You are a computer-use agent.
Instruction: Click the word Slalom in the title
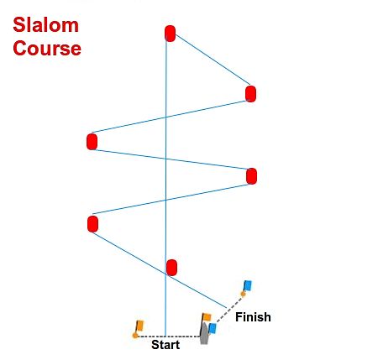[x=46, y=25]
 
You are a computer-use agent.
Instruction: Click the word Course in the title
[x=47, y=49]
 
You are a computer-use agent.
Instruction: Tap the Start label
[x=165, y=345]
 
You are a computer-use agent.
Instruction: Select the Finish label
[x=253, y=317]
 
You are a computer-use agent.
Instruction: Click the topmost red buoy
[x=171, y=34]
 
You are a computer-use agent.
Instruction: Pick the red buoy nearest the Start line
[x=171, y=268]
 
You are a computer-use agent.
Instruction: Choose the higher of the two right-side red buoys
[x=250, y=94]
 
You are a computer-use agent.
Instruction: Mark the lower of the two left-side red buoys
[x=92, y=224]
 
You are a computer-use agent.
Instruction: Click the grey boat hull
[x=204, y=334]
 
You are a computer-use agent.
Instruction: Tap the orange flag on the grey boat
[x=207, y=317]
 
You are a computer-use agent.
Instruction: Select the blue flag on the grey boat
[x=213, y=328]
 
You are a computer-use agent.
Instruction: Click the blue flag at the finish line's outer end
[x=248, y=285]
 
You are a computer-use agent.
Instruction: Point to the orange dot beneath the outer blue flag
[x=243, y=294]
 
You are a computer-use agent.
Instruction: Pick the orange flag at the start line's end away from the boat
[x=139, y=326]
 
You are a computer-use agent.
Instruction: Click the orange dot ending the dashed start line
[x=135, y=336]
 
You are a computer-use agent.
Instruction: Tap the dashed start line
[x=169, y=337]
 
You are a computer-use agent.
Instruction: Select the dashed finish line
[x=229, y=310]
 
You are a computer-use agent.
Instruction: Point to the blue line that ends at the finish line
[x=160, y=270]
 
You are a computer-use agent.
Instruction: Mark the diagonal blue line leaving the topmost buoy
[x=213, y=60]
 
